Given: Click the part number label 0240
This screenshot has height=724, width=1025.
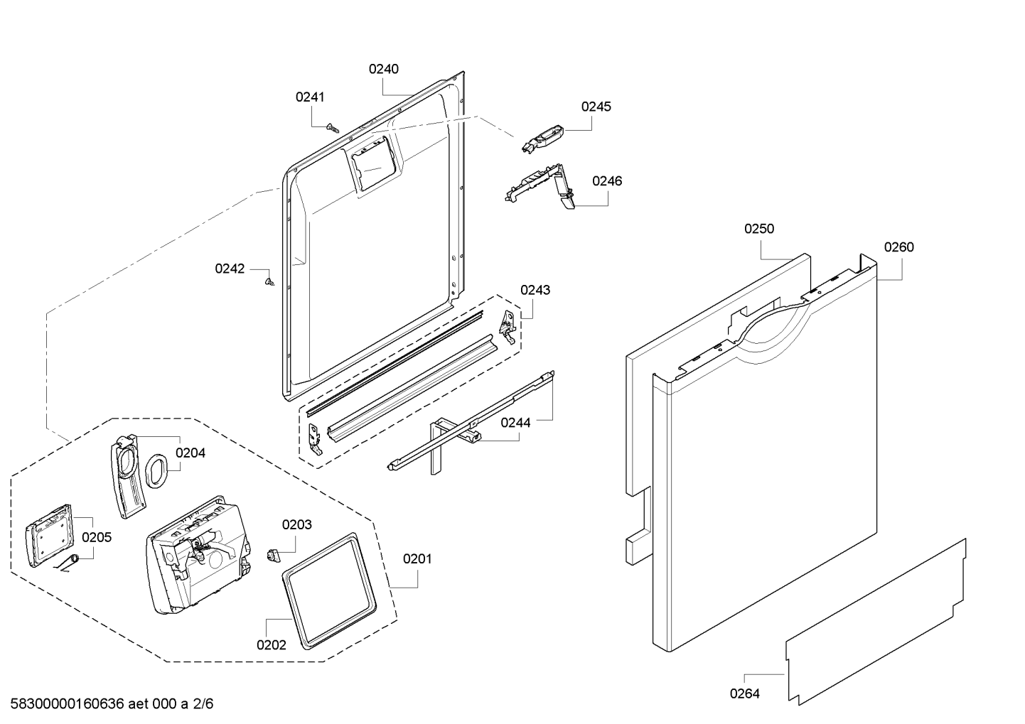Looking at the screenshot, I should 383,69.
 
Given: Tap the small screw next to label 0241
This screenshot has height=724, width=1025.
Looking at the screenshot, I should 331,127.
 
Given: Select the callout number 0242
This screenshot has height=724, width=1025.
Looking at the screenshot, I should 230,269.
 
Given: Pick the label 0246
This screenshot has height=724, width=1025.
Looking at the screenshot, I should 607,181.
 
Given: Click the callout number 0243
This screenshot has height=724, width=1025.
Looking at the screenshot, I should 535,290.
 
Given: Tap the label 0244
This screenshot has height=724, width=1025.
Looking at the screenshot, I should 515,423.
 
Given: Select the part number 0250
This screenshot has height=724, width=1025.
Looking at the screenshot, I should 759,229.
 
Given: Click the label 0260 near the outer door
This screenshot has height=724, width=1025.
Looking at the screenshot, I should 898,247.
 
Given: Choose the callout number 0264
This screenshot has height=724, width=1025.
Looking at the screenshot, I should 744,693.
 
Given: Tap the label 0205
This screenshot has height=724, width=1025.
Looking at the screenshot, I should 96,537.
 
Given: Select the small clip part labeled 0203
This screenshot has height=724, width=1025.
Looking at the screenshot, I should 272,554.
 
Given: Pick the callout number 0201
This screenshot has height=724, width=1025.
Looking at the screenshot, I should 417,559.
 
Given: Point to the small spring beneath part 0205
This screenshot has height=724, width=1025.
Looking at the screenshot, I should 69,563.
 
